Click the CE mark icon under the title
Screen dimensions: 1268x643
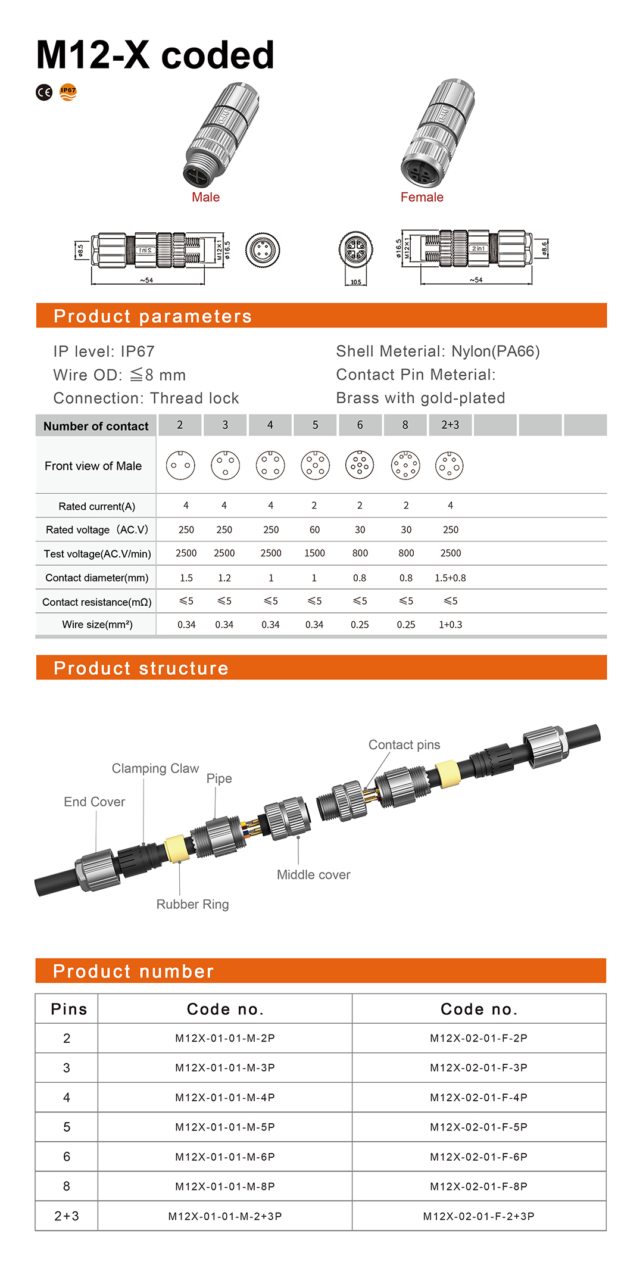(44, 92)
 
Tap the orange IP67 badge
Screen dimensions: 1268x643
(68, 92)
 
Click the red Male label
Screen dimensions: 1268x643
(205, 197)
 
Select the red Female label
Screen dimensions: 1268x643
(422, 197)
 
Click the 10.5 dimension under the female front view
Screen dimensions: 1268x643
(355, 282)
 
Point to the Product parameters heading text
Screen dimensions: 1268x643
(152, 316)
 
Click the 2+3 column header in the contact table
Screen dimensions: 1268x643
(450, 425)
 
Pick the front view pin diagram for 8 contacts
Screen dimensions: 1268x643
(405, 465)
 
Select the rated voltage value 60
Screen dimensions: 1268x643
(314, 529)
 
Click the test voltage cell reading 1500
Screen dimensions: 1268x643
(314, 553)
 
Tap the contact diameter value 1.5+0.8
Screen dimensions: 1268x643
(450, 578)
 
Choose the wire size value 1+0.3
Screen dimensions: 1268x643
(450, 625)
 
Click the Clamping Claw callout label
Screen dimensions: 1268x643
(155, 768)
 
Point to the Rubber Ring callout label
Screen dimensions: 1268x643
(192, 904)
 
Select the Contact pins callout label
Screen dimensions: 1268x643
(404, 744)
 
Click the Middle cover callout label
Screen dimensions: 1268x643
(313, 874)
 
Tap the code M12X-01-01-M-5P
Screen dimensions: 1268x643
(225, 1127)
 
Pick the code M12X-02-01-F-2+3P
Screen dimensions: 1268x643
(479, 1216)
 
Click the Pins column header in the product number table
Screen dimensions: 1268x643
(68, 1009)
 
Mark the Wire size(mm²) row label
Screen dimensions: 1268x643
(97, 625)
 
